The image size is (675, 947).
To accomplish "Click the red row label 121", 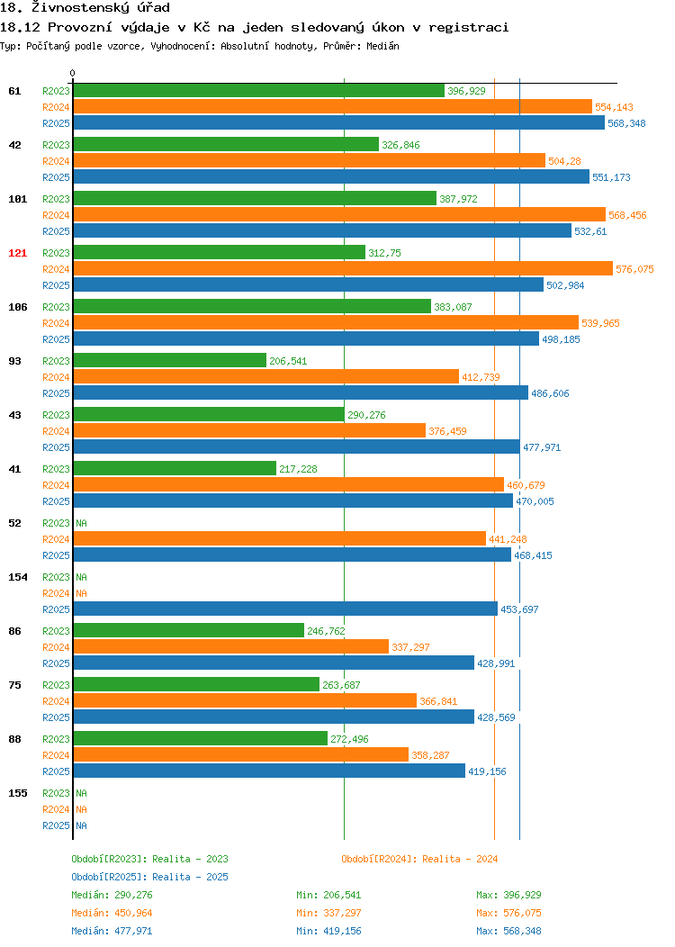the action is coord(17,253).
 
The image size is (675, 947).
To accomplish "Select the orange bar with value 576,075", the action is coord(343,269).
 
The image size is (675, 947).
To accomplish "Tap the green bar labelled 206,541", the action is coord(170,361).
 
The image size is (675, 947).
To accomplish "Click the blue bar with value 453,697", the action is coord(285,609).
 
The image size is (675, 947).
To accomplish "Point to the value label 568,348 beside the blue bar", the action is coord(626,123).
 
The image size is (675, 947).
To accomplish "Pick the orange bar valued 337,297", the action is coord(231,647).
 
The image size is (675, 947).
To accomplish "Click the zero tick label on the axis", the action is coord(73,73).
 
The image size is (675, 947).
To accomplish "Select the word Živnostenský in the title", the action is coord(80,8).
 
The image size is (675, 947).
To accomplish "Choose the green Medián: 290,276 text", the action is coord(112,895).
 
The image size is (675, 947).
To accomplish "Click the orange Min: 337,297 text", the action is coord(328,913).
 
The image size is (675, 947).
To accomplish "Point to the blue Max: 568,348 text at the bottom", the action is coord(508,932).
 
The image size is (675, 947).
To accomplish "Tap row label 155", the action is coord(17,793).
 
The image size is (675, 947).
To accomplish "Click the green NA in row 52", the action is coord(82,523).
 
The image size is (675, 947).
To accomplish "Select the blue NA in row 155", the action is coord(82,825).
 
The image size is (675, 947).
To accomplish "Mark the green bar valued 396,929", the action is coord(259,91).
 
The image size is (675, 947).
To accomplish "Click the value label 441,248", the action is coord(508,539).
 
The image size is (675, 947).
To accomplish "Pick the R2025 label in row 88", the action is coord(56,771).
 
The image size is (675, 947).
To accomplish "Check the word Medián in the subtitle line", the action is coord(382,46).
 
